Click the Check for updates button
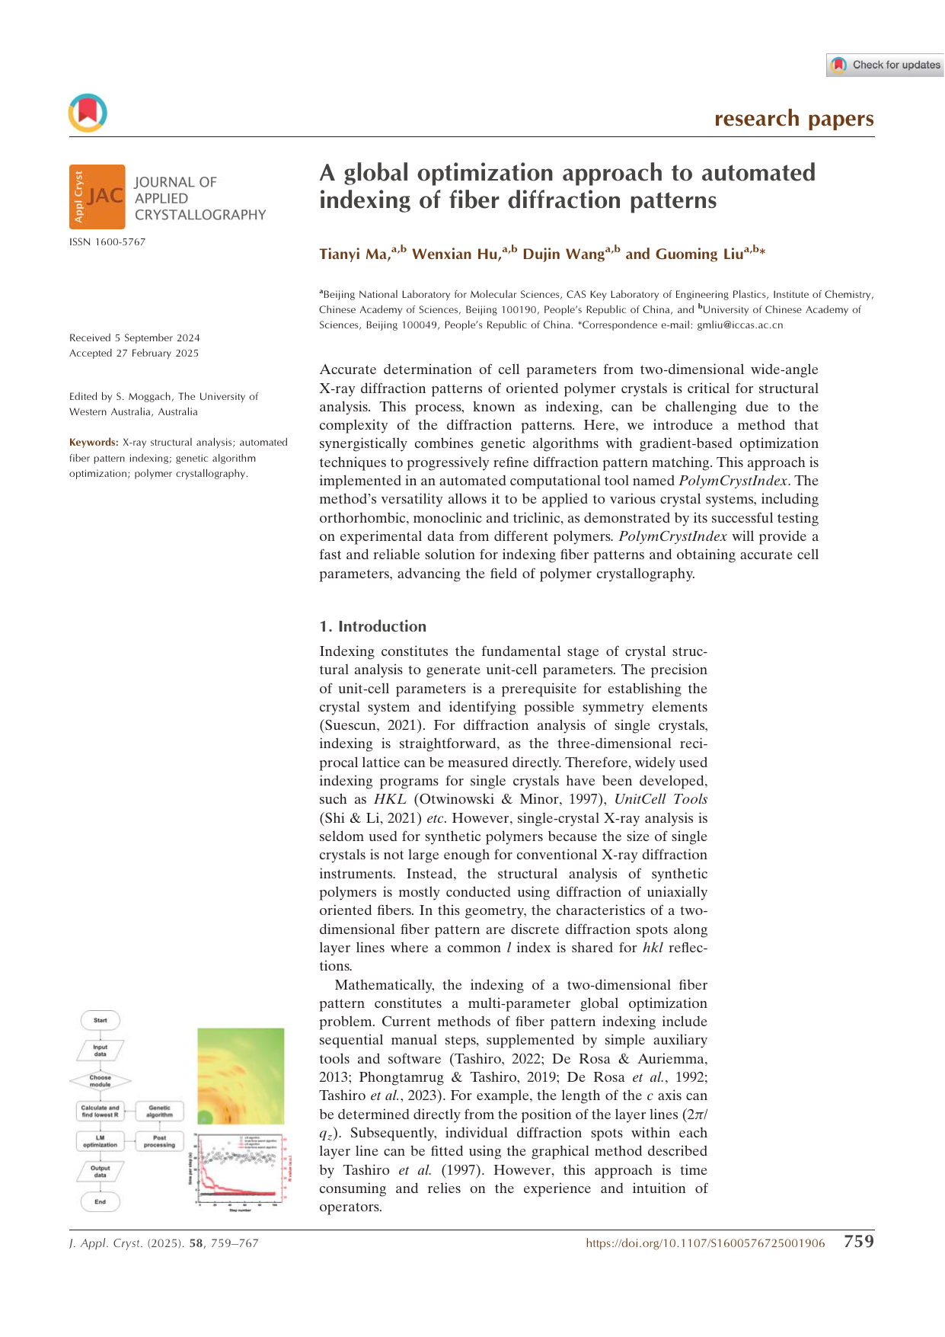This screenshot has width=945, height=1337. pyautogui.click(x=886, y=65)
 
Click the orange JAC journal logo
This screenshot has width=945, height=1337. pyautogui.click(x=97, y=197)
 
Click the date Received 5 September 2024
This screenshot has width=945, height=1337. pyautogui.click(x=135, y=337)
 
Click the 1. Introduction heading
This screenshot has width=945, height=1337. pyautogui.click(x=372, y=626)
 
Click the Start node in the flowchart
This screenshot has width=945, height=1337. pyautogui.click(x=101, y=1020)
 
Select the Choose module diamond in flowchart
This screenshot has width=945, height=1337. pyautogui.click(x=101, y=1080)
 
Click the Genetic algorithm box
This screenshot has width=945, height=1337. pyautogui.click(x=160, y=1111)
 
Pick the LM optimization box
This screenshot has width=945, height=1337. pyautogui.click(x=101, y=1140)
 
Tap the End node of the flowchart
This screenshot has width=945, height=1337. pyautogui.click(x=101, y=1201)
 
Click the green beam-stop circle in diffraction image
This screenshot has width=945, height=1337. pyautogui.click(x=205, y=1117)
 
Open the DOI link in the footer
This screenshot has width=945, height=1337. pyautogui.click(x=705, y=1243)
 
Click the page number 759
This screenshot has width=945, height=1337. pyautogui.click(x=858, y=1242)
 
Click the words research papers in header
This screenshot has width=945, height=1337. pyautogui.click(x=793, y=119)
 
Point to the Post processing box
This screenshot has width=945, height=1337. pyautogui.click(x=160, y=1140)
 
